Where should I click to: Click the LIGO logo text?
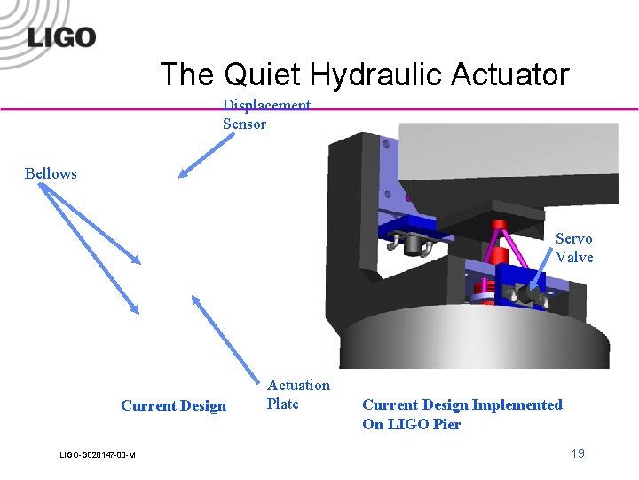61,37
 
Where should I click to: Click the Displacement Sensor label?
265,115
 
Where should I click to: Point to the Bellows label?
51,173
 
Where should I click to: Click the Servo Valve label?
573,248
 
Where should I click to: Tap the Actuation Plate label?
298,395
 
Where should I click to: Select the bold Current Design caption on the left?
173,406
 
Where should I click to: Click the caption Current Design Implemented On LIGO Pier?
461,414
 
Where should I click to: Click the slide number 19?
578,454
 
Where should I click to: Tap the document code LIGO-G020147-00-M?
98,455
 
